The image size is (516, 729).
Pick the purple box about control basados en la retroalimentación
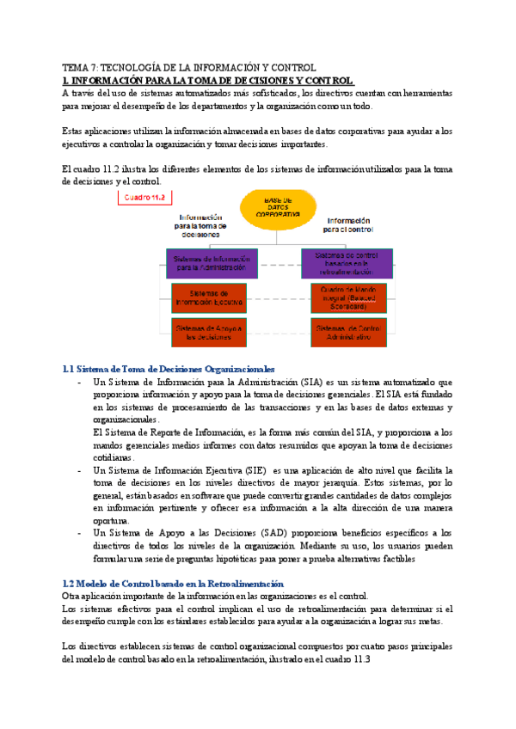347,263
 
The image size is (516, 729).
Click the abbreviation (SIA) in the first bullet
314,382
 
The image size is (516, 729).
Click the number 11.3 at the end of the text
359,659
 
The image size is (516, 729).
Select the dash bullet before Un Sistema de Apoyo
80,533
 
